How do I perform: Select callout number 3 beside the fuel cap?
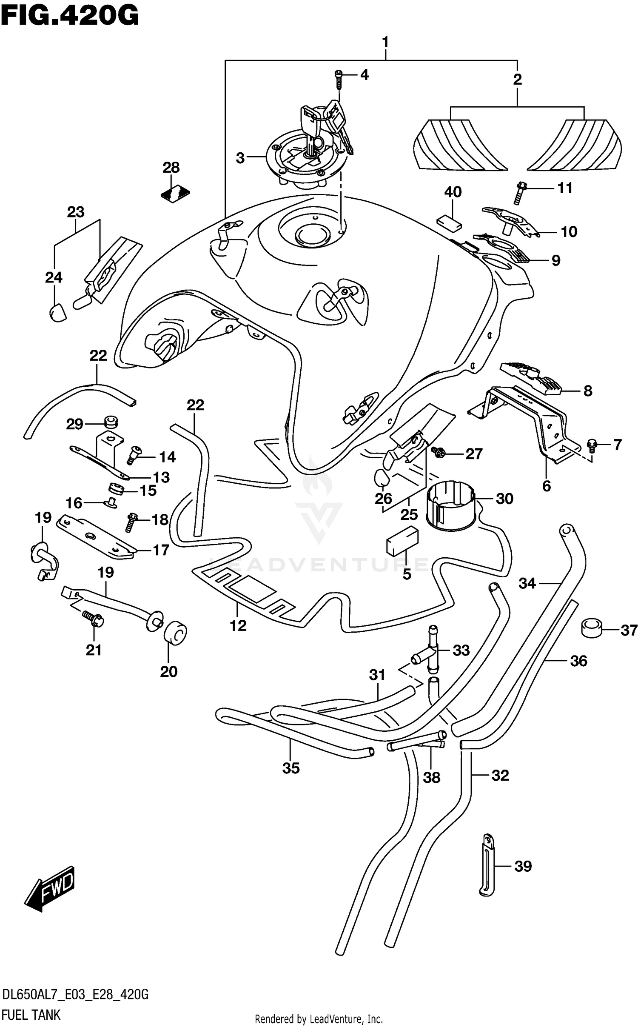[240, 158]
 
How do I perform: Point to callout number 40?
[453, 192]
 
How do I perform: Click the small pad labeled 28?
[175, 194]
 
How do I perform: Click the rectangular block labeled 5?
[402, 541]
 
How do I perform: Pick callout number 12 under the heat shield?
[238, 625]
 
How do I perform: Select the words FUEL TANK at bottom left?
[31, 1015]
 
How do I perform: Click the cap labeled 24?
[57, 313]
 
